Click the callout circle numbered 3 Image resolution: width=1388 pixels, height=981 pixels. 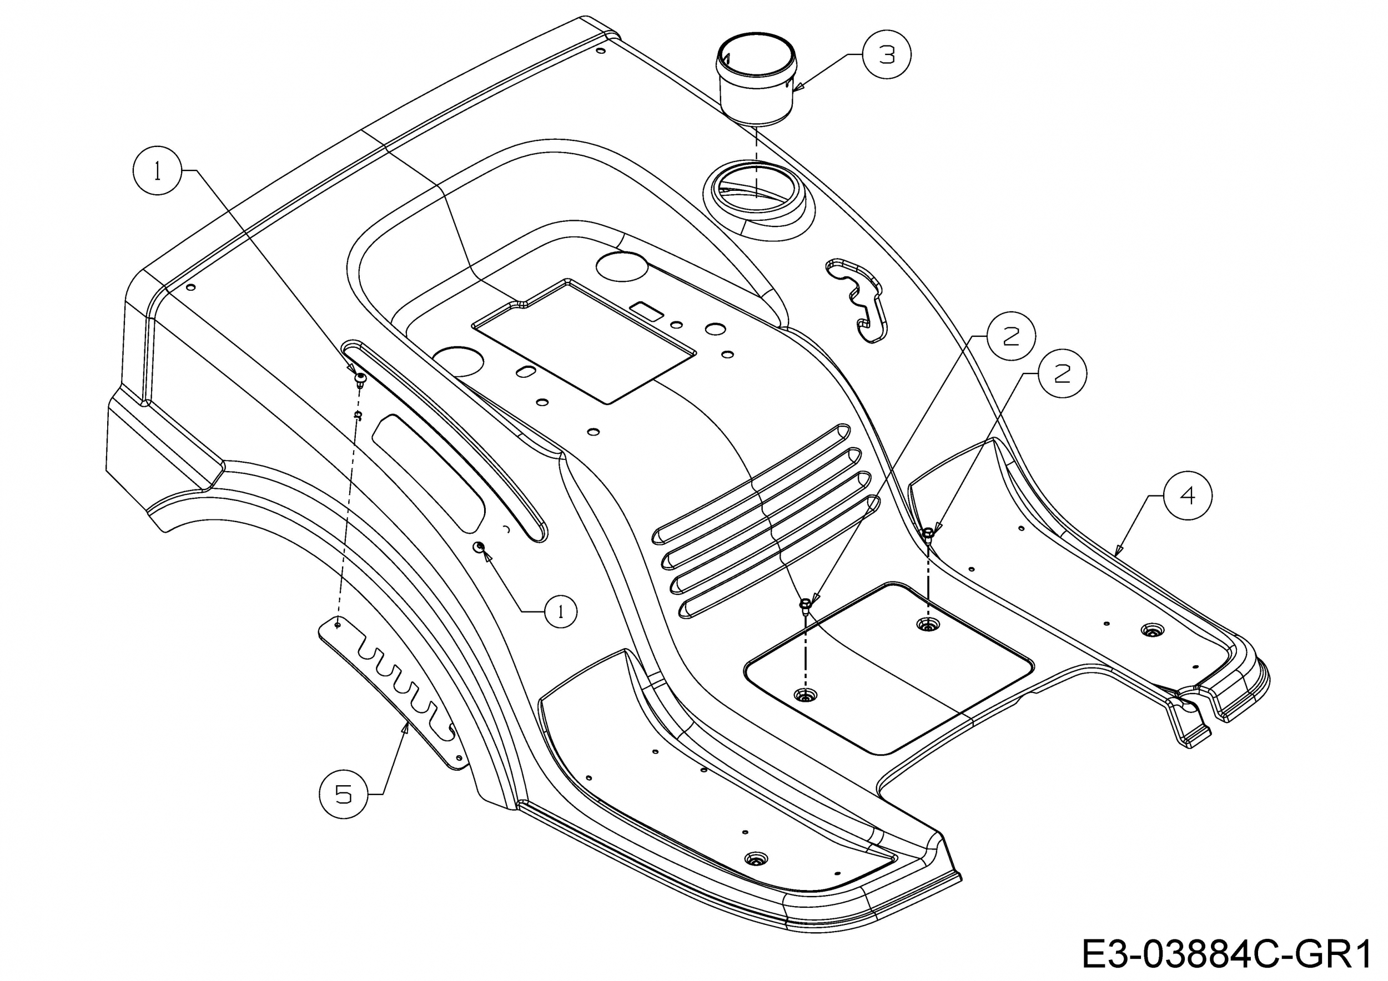pyautogui.click(x=886, y=54)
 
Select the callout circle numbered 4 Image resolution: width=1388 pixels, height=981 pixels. pyautogui.click(x=1188, y=495)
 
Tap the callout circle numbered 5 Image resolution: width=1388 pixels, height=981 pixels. pyautogui.click(x=343, y=795)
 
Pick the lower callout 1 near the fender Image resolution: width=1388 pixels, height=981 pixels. pyautogui.click(x=560, y=612)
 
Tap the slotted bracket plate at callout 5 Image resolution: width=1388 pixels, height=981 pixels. pyautogui.click(x=393, y=695)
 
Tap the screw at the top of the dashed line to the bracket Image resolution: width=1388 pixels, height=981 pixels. pyautogui.click(x=361, y=379)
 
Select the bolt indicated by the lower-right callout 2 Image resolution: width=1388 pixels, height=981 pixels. pyautogui.click(x=928, y=533)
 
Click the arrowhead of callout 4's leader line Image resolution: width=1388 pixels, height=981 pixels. pyautogui.click(x=1117, y=552)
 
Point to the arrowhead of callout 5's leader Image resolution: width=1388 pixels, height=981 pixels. pyautogui.click(x=406, y=728)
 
